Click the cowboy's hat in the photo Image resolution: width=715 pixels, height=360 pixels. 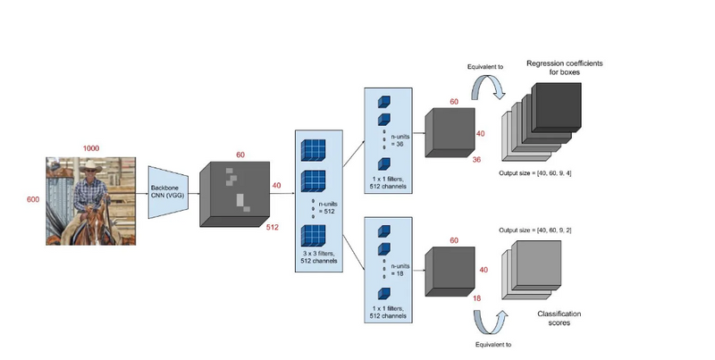[x=93, y=166]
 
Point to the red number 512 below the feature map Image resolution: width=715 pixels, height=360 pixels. [x=273, y=228]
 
